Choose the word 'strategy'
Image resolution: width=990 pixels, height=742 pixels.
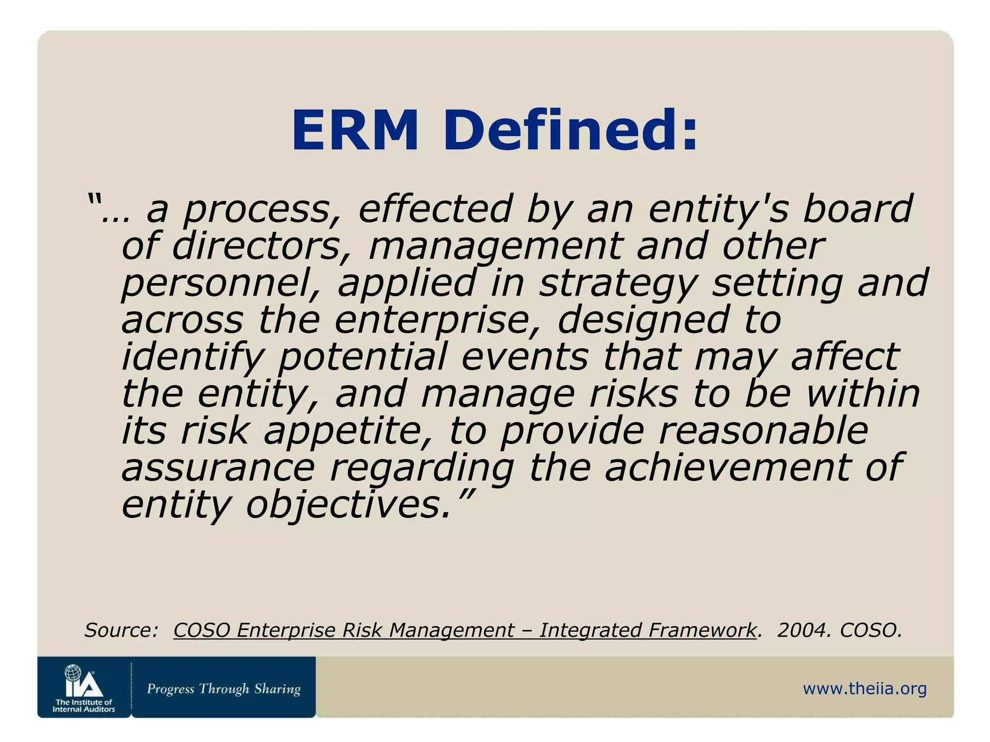pyautogui.click(x=619, y=284)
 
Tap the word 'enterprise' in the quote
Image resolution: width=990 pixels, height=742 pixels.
pyautogui.click(x=437, y=321)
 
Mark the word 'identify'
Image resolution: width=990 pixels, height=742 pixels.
pyautogui.click(x=192, y=357)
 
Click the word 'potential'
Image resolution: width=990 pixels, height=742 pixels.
pyautogui.click(x=364, y=357)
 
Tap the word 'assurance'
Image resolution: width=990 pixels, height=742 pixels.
pyautogui.click(x=218, y=469)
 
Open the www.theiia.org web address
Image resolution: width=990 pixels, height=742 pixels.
pyautogui.click(x=865, y=688)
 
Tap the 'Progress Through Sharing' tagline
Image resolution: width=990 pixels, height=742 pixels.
pyautogui.click(x=224, y=688)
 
